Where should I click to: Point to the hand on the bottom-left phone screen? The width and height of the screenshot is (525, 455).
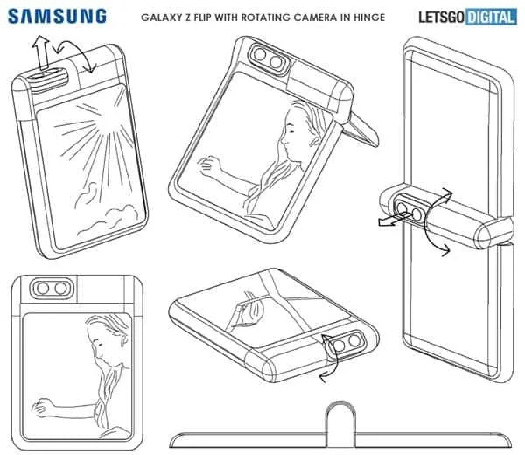click(x=38, y=408)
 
